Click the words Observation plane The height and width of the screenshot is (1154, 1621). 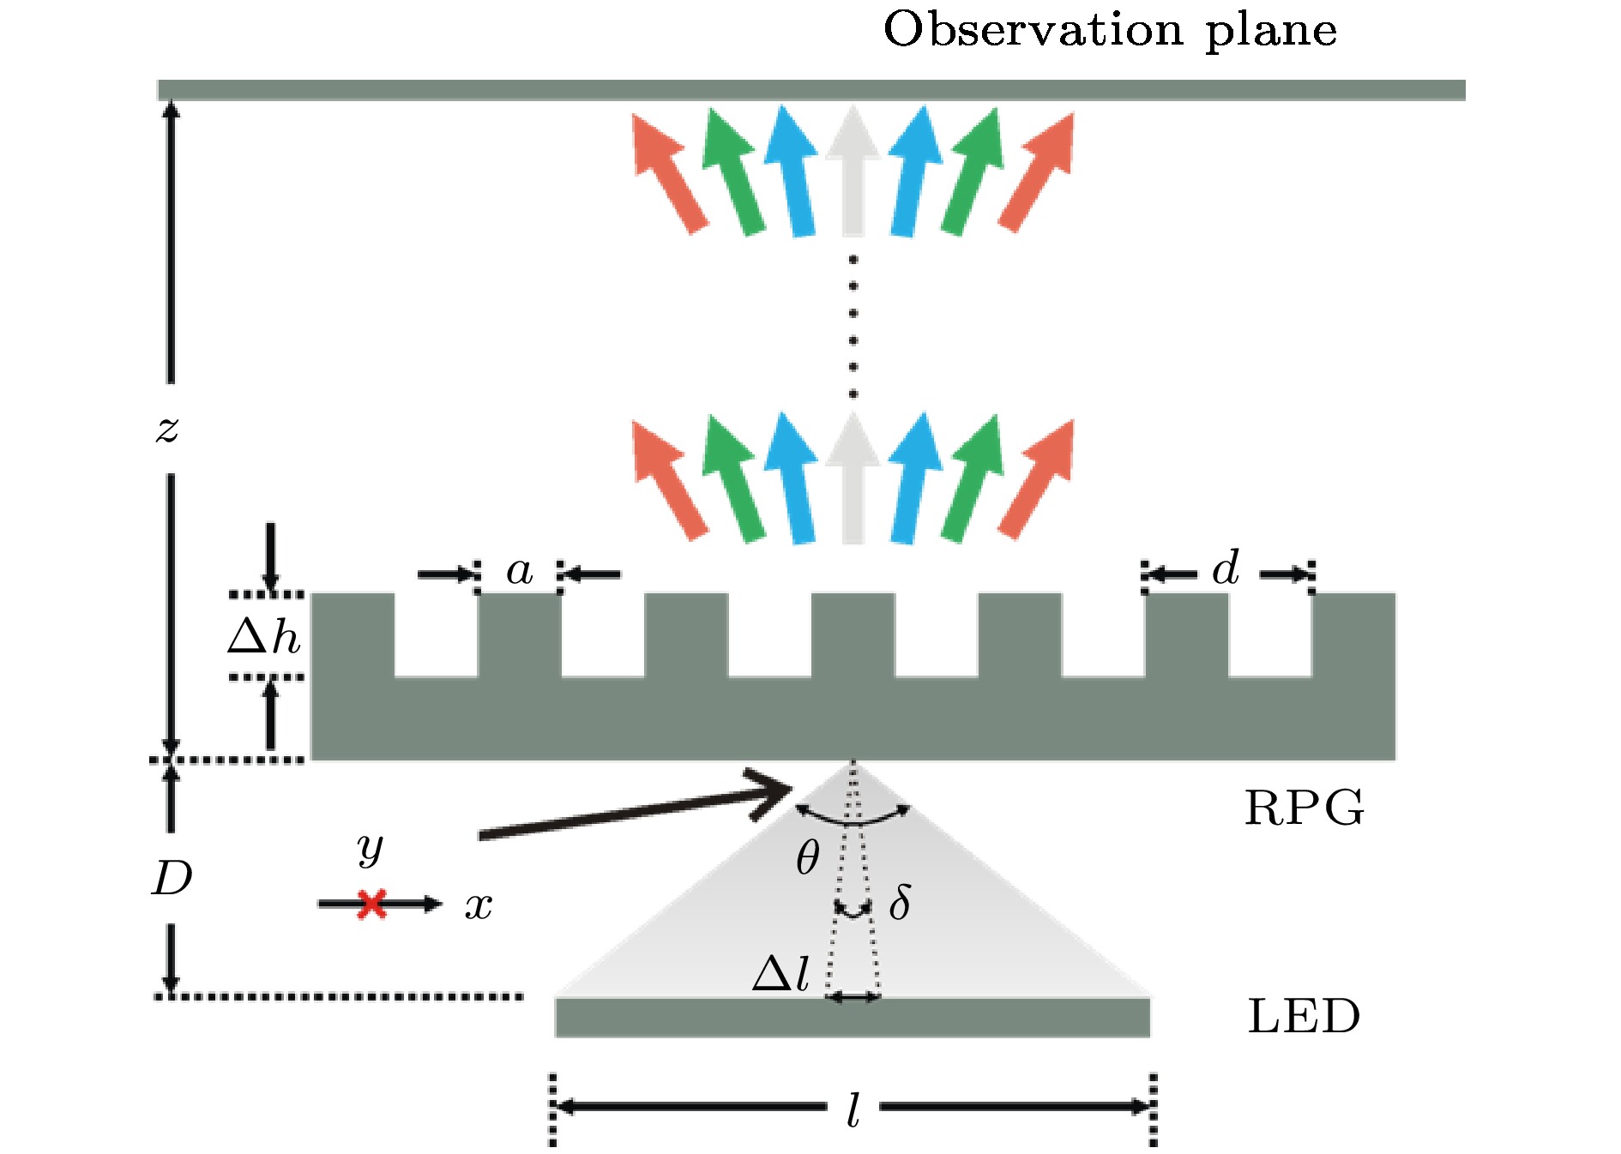click(1110, 31)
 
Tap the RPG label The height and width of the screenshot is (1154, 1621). click(1304, 808)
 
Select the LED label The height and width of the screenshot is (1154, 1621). click(1304, 1017)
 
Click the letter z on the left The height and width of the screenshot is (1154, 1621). click(167, 428)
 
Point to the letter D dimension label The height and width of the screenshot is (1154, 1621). click(172, 879)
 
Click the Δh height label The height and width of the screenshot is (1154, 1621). click(264, 637)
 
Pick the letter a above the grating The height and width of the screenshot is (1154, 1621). click(519, 571)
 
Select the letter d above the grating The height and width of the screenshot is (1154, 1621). click(1226, 568)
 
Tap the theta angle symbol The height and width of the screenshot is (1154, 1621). click(807, 857)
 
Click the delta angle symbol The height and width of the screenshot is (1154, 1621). click(900, 903)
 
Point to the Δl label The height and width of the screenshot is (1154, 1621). click(780, 974)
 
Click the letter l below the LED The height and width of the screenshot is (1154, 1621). click(853, 1111)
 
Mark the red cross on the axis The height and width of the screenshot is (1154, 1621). click(372, 904)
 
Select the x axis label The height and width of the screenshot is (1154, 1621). click(479, 906)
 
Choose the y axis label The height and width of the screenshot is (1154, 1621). click(371, 848)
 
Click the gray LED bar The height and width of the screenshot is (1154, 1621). click(852, 1018)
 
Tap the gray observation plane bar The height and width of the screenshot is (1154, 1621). click(810, 90)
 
